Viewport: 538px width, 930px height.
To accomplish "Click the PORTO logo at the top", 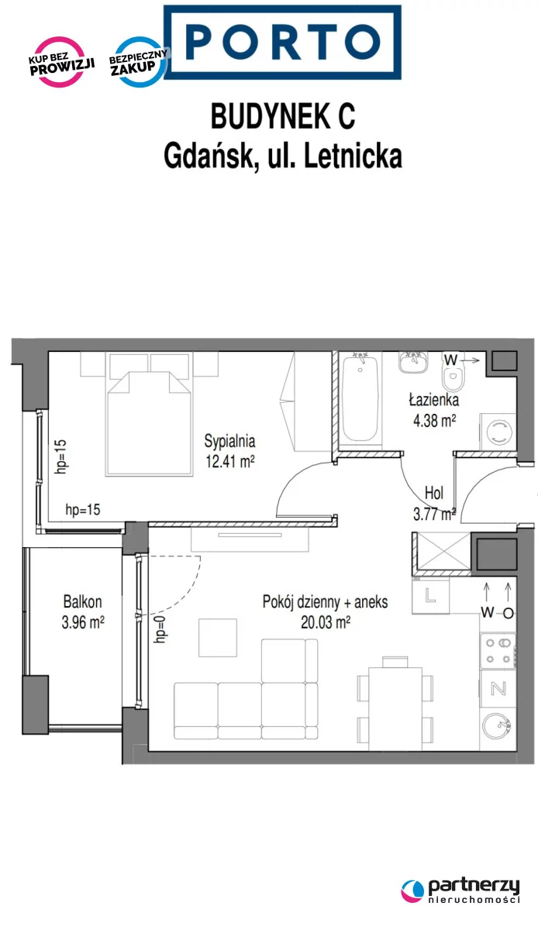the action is tap(282, 42).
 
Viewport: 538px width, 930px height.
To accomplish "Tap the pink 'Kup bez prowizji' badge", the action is tap(61, 62).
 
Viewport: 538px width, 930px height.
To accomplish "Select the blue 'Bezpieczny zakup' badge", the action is tap(138, 62).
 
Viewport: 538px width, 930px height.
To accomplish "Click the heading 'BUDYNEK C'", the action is tap(283, 117).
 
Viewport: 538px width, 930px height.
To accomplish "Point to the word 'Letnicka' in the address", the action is tap(353, 156).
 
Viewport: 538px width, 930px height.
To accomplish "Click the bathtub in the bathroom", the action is tap(360, 398).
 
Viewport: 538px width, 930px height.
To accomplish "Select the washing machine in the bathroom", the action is tap(498, 431).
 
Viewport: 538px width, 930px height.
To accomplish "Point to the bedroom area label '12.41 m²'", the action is tap(230, 461).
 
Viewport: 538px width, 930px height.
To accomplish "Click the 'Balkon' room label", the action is tap(83, 601).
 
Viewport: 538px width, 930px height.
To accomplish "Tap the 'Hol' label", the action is tap(433, 493).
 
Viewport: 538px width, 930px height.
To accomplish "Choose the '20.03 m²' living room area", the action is tap(326, 622).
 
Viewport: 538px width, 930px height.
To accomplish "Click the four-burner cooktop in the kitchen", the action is tap(498, 650).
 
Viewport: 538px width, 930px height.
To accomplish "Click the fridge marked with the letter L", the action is tap(430, 597).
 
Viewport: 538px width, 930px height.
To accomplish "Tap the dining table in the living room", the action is tap(395, 708).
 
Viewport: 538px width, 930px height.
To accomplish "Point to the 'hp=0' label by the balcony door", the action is tap(160, 630).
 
